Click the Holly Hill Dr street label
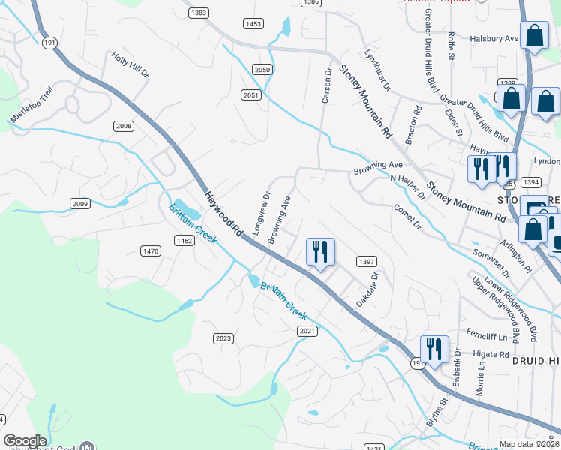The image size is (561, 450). coord(130,64)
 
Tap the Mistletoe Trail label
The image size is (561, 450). coord(32,104)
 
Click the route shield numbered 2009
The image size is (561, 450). coord(80,204)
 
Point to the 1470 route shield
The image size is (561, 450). coord(150,250)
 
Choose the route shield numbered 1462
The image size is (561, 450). coord(184,241)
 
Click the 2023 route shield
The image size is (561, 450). coord(223,338)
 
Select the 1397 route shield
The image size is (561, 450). coord(367,261)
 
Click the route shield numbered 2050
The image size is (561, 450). coord(262,69)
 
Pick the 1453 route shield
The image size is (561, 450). coord(253,24)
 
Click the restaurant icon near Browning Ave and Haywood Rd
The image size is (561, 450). coord(322,252)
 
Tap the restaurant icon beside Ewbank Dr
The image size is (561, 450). coord(434,349)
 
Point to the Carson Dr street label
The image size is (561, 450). coord(326,86)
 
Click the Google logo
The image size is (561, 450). coord(25,441)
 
